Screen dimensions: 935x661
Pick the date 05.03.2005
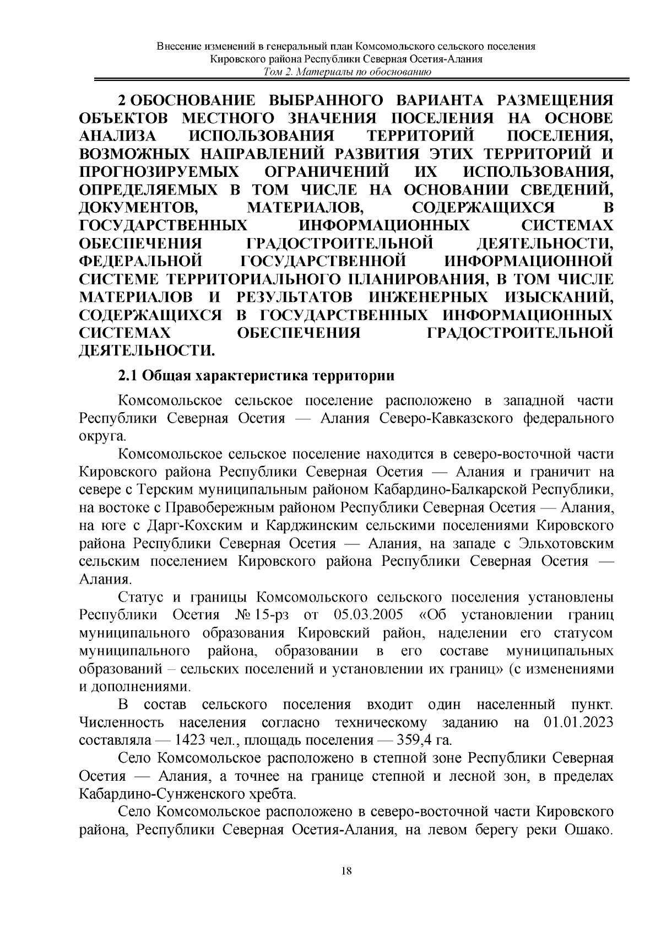[369, 614]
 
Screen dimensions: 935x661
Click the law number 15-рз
[278, 614]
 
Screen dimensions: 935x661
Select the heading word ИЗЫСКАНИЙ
[557, 298]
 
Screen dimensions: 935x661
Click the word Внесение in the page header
[177, 46]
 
